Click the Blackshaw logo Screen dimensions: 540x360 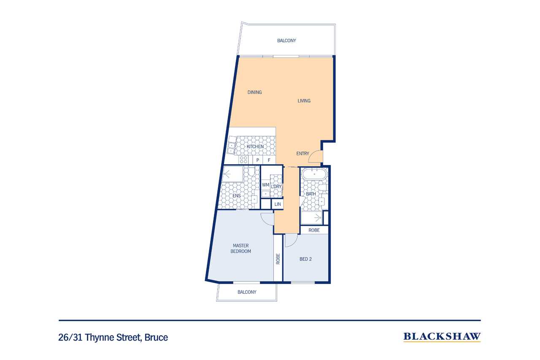coord(442,337)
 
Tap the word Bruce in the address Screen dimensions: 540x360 coord(156,337)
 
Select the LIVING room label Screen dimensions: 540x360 coord(304,101)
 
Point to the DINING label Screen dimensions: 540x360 coord(254,92)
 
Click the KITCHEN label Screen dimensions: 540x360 coord(255,146)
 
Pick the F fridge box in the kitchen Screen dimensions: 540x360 coord(269,160)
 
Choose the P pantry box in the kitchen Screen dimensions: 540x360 coord(258,160)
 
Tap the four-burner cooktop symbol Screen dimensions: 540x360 coord(243,160)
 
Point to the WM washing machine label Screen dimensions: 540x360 coord(265,185)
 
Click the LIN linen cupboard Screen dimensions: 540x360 coord(278,204)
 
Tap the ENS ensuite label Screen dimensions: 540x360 coord(237,196)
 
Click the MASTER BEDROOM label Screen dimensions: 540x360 coord(240,248)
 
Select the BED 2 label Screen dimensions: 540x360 coord(305,259)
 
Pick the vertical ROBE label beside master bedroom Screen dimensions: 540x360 coord(278,259)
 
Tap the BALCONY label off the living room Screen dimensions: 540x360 coord(286,41)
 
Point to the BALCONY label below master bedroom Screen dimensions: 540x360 coord(247,292)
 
